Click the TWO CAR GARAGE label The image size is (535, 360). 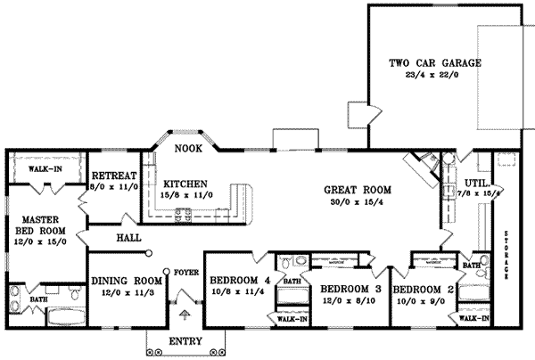click(435, 63)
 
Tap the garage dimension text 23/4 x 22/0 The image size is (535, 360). click(435, 77)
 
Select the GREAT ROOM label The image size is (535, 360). click(353, 189)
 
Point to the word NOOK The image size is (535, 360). click(185, 148)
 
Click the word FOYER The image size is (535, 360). click(185, 274)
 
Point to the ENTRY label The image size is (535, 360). click(185, 342)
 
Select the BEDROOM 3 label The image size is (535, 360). click(350, 291)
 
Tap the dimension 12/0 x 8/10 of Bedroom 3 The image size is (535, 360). click(350, 302)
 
